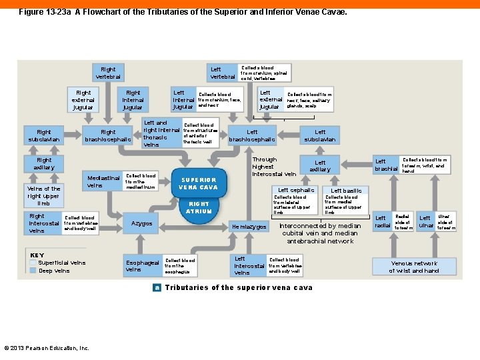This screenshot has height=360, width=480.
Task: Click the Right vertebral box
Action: tap(108, 73)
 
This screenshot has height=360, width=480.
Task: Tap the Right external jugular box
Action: tap(83, 100)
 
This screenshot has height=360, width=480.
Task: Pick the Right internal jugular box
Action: tap(133, 100)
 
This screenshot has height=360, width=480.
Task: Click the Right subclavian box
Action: tap(44, 135)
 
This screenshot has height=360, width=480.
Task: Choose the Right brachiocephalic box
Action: tap(108, 135)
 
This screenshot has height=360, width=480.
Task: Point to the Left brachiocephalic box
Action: tap(252, 135)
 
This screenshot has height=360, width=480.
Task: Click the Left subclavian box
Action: tap(320, 135)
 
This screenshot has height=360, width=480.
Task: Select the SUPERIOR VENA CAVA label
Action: tap(199, 183)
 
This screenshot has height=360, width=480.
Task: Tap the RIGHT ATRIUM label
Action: tap(199, 207)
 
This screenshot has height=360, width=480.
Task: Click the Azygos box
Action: tap(141, 223)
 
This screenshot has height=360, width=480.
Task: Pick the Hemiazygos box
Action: tap(248, 227)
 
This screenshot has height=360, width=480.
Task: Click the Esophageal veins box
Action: tap(143, 265)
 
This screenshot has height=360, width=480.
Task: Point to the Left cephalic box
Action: tap(296, 190)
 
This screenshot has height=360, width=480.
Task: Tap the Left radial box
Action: tap(382, 221)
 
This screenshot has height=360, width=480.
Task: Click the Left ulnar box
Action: tap(425, 221)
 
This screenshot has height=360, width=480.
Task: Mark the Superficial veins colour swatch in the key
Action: tap(33, 263)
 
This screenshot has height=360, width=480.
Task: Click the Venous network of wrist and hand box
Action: tap(414, 267)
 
